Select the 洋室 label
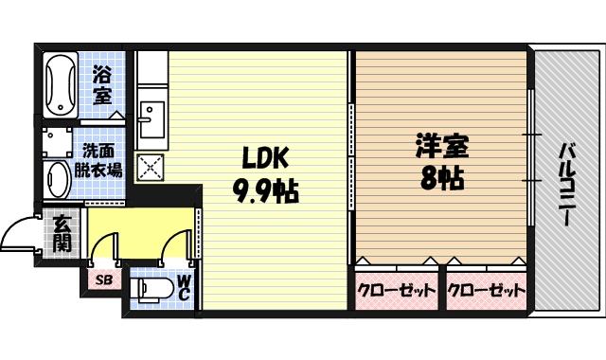pyautogui.click(x=441, y=147)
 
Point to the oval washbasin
pyautogui.click(x=59, y=179)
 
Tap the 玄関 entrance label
pyautogui.click(x=62, y=232)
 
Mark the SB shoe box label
pyautogui.click(x=103, y=281)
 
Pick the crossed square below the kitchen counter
pyautogui.click(x=150, y=167)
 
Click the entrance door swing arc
pyautogui.click(x=21, y=234)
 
